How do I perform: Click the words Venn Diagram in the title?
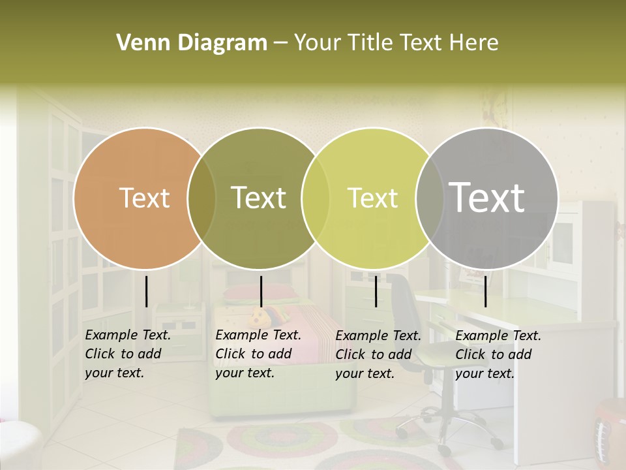(192, 43)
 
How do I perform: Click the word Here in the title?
(470, 43)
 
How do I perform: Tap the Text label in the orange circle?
(144, 198)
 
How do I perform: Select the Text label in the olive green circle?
(259, 198)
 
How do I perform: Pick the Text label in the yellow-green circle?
(372, 198)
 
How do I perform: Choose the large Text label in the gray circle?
(487, 197)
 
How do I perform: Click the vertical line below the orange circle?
(146, 291)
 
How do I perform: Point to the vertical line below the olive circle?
(261, 291)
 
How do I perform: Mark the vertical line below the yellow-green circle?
(376, 291)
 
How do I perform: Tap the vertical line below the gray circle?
(485, 291)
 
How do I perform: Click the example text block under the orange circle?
(128, 354)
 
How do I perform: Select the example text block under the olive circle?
(258, 354)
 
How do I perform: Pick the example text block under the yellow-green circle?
(378, 354)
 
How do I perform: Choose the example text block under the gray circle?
(498, 354)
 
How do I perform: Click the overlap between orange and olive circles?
(201, 198)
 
